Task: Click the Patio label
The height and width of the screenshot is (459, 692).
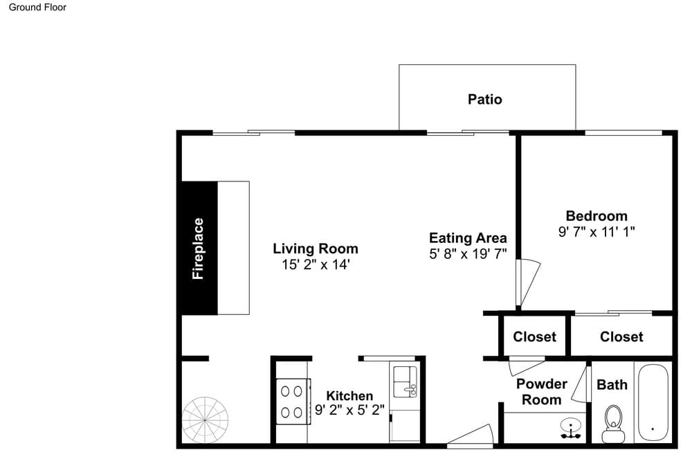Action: [484, 99]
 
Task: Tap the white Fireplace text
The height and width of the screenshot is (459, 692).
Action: [198, 249]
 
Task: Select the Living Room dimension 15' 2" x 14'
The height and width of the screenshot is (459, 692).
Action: [316, 264]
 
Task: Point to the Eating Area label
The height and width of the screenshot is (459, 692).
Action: [468, 238]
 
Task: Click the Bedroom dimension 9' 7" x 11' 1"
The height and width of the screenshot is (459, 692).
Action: [597, 232]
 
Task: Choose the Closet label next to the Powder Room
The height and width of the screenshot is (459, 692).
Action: [534, 336]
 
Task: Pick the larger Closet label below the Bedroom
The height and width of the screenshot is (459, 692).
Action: [621, 336]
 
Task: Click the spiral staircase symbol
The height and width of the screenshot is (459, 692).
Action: [206, 420]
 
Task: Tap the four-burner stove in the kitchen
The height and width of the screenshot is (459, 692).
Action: [293, 402]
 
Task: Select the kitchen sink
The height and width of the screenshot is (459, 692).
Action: [405, 381]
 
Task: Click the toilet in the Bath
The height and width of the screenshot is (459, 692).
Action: [613, 424]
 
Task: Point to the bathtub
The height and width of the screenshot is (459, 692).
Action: [653, 402]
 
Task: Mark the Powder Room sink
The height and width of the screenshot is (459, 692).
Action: [571, 428]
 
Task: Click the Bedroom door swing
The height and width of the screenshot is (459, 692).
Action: [528, 283]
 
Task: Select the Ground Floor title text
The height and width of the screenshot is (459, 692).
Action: [37, 7]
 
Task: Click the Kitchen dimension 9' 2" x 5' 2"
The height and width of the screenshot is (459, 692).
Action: [349, 410]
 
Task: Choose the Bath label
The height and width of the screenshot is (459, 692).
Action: [612, 384]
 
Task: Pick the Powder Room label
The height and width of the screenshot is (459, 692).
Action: [542, 392]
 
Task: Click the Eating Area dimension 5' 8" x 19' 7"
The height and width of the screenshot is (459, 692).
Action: [468, 254]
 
